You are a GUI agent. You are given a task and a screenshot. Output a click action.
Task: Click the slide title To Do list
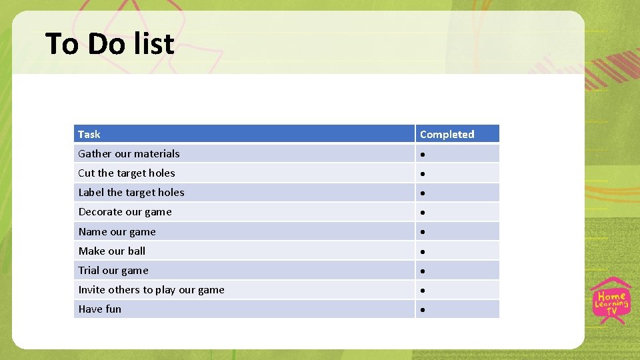pyautogui.click(x=110, y=44)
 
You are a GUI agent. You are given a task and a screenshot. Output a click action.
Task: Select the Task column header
pyautogui.click(x=89, y=134)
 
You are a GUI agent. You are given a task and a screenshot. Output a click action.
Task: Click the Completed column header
pyautogui.click(x=447, y=134)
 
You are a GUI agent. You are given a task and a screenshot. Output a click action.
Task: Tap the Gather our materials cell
pyautogui.click(x=129, y=153)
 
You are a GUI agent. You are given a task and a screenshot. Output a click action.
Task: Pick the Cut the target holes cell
pyautogui.click(x=127, y=173)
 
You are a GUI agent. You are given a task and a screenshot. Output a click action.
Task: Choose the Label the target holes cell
pyautogui.click(x=131, y=192)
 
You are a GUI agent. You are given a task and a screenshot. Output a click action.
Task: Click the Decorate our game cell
pyautogui.click(x=125, y=212)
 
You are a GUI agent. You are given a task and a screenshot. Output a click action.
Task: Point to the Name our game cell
pyautogui.click(x=117, y=231)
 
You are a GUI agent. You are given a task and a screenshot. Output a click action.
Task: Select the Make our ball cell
pyautogui.click(x=111, y=251)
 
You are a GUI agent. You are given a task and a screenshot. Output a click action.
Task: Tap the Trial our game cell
pyautogui.click(x=113, y=270)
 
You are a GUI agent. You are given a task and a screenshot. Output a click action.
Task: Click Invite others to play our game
pyautogui.click(x=151, y=289)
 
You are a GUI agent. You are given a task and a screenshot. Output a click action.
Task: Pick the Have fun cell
pyautogui.click(x=100, y=309)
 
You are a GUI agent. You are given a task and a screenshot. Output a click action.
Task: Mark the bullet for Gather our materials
pyautogui.click(x=423, y=155)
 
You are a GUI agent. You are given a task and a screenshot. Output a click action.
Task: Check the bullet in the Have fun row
pyautogui.click(x=423, y=310)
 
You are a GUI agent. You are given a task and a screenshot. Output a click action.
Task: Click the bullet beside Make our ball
pyautogui.click(x=423, y=252)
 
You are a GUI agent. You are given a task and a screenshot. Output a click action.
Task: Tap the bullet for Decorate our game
pyautogui.click(x=423, y=213)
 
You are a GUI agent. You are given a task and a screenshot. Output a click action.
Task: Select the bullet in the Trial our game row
pyautogui.click(x=423, y=271)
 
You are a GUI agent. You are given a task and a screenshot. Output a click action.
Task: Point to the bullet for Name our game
pyautogui.click(x=423, y=233)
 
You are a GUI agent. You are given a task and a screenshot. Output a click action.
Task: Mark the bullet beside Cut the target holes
pyautogui.click(x=423, y=174)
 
